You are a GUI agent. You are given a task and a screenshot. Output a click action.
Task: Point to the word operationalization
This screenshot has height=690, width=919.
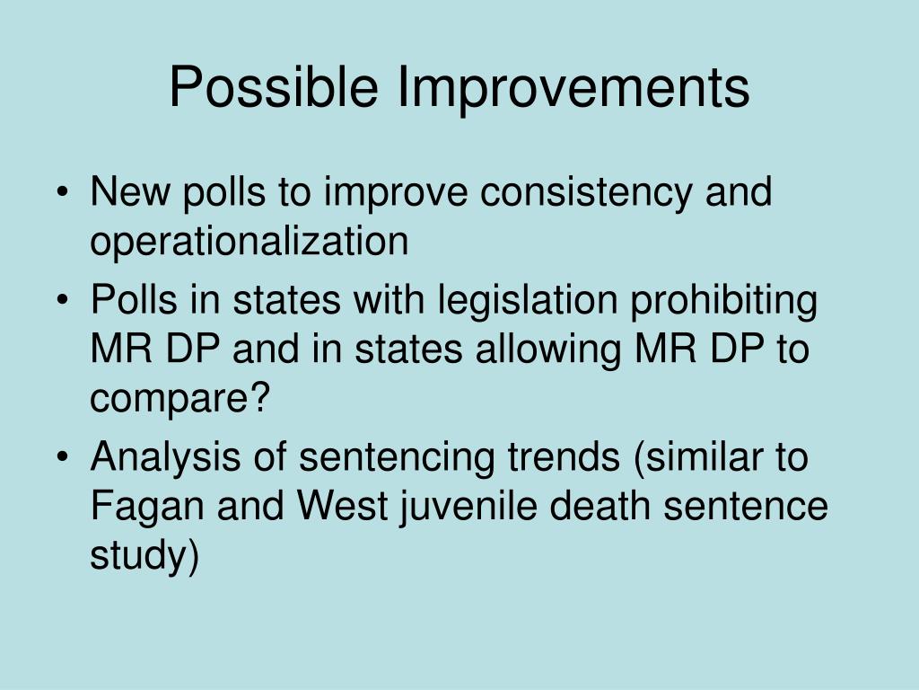pos(249,242)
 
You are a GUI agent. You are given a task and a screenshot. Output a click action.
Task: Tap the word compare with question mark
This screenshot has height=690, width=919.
pos(179,398)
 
